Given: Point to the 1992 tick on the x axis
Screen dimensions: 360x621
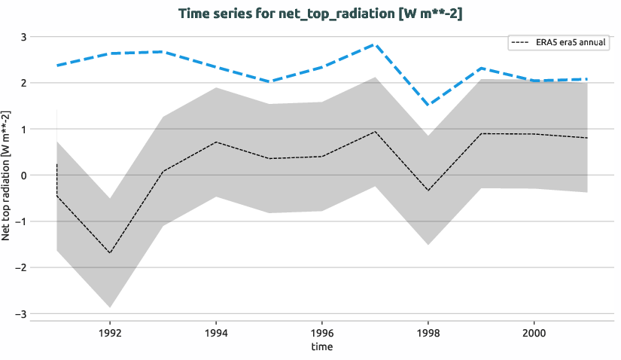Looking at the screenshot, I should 110,331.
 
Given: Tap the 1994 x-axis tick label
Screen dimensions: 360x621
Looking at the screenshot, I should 216,331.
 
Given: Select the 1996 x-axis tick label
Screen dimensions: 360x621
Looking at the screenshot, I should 322,331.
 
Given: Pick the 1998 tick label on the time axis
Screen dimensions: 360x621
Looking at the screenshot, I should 428,331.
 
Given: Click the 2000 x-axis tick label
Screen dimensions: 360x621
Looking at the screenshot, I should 534,331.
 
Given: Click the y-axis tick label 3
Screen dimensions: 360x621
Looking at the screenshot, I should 23,37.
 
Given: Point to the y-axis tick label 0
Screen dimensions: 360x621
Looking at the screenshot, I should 23,175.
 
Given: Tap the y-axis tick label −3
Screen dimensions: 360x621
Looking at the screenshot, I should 21,313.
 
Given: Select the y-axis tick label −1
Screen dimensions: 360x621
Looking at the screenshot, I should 21,221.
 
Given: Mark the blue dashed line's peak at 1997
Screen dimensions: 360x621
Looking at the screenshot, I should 375,44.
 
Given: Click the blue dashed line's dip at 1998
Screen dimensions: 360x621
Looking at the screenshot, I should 428,105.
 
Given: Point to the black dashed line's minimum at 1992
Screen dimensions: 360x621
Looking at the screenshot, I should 110,253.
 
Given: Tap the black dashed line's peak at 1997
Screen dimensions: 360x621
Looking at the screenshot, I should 375,132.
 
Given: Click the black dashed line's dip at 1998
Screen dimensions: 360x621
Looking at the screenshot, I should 428,191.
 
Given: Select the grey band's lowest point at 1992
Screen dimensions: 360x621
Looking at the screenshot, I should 110,307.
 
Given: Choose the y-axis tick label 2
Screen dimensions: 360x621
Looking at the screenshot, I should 23,83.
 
